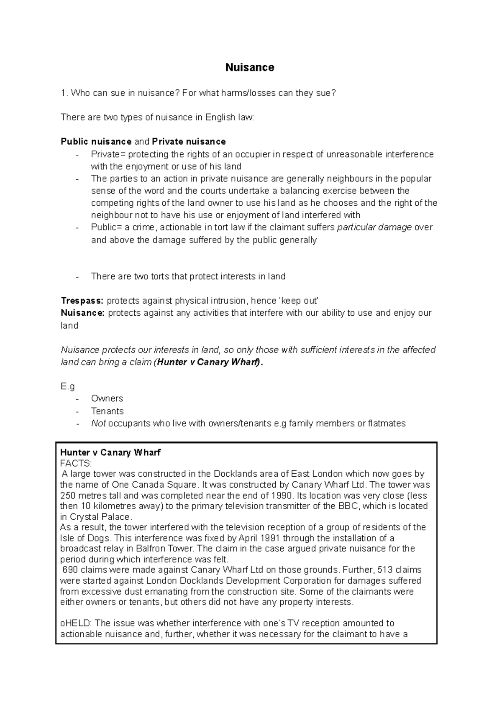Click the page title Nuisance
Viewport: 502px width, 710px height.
[250, 68]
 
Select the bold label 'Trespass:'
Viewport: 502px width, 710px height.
[82, 301]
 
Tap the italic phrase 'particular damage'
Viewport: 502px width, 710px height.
[374, 227]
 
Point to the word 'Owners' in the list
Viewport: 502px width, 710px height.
[107, 398]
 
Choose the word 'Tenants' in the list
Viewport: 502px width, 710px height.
[108, 411]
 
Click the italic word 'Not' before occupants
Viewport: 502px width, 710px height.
[98, 424]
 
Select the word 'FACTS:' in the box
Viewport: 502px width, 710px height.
[76, 463]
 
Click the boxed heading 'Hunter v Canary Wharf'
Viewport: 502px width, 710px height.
[110, 452]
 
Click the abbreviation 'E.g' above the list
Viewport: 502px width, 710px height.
[68, 386]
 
